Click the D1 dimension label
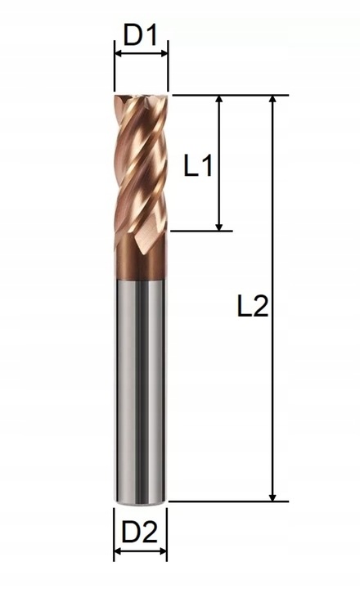click(140, 35)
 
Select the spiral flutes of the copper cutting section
click(141, 172)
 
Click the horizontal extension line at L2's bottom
click(229, 501)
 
